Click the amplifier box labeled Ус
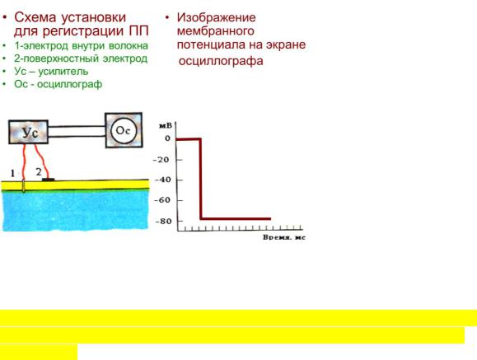click(28, 132)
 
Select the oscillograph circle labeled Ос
click(124, 130)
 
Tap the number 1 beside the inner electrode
click(12, 174)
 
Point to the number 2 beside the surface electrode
click(39, 172)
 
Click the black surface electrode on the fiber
click(48, 180)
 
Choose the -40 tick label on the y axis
click(163, 180)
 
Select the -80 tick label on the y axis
click(164, 222)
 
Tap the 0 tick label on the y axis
click(167, 138)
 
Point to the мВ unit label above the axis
click(166, 125)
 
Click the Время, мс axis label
click(284, 237)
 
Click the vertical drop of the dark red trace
click(200, 179)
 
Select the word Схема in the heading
click(35, 17)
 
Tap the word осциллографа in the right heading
click(221, 61)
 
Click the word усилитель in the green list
click(63, 72)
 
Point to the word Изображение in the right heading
click(217, 17)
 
